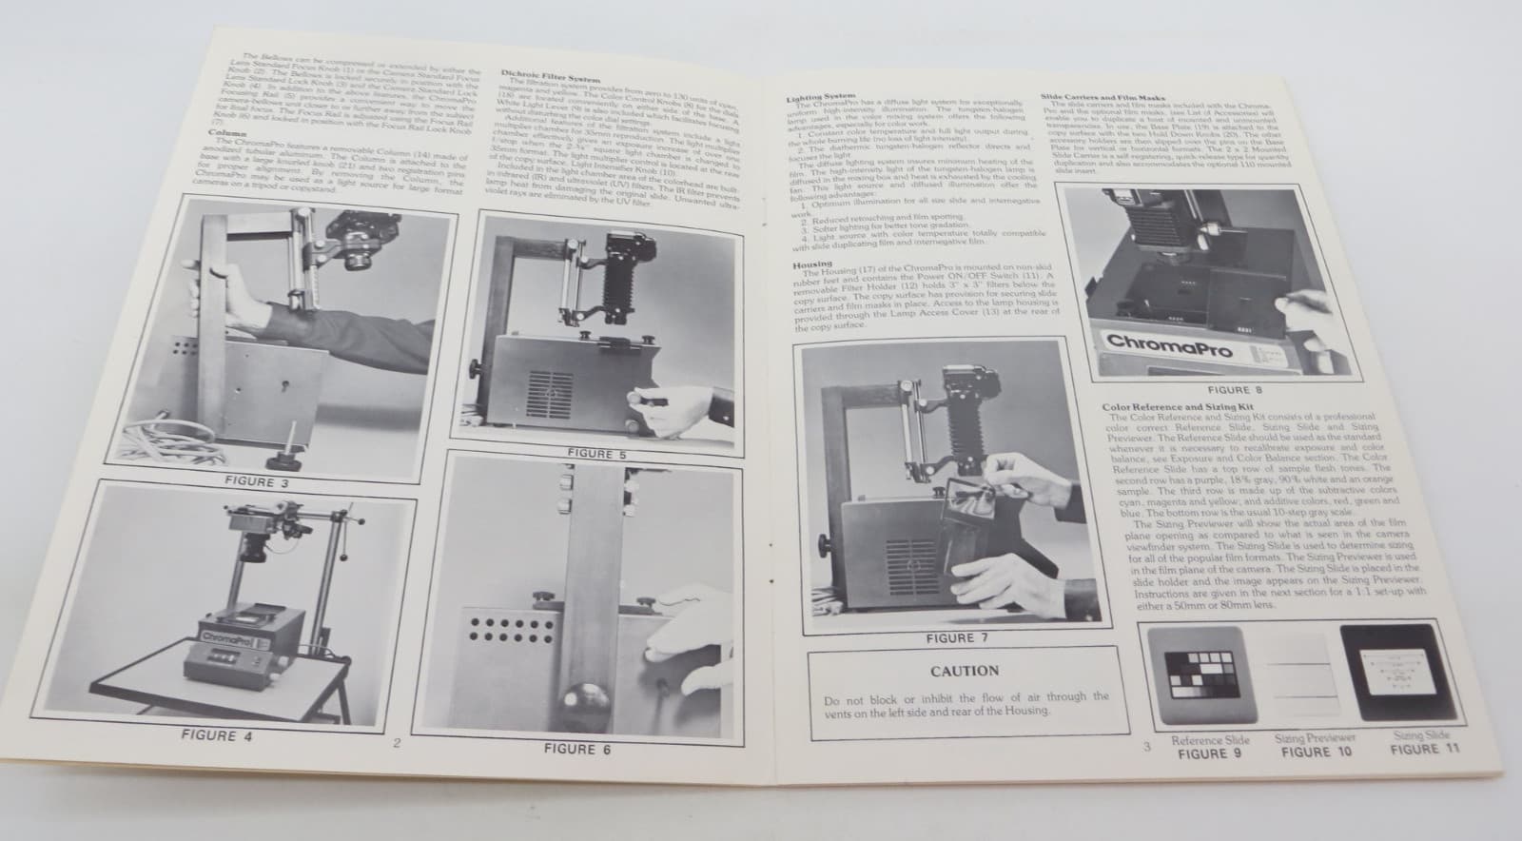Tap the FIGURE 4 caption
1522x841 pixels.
point(210,735)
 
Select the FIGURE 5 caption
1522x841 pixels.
point(595,454)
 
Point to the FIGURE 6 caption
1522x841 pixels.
point(576,749)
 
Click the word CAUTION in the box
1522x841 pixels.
point(965,670)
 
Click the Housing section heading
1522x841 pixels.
point(812,264)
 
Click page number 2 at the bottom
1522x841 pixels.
point(397,744)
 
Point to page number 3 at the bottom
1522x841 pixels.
point(1146,746)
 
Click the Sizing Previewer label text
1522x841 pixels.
point(1315,737)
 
